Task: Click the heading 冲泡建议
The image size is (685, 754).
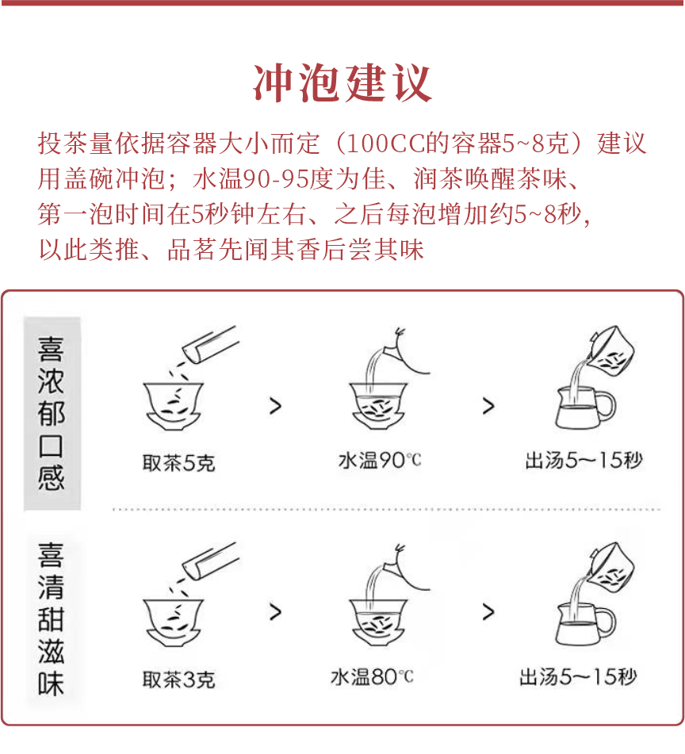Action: point(342,82)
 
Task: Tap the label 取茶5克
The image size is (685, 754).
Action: point(178,462)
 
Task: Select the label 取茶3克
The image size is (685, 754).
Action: point(178,679)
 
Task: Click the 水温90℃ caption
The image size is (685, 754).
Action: point(380,461)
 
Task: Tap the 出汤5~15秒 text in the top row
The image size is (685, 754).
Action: point(583,460)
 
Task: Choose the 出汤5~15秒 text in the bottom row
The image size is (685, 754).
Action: point(578,676)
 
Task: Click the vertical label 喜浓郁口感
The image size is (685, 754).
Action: point(52,414)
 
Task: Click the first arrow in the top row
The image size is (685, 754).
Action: point(275,407)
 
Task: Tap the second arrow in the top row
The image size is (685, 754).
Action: point(488,407)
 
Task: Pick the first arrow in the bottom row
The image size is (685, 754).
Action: point(275,612)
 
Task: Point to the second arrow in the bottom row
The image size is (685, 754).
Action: point(488,612)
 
